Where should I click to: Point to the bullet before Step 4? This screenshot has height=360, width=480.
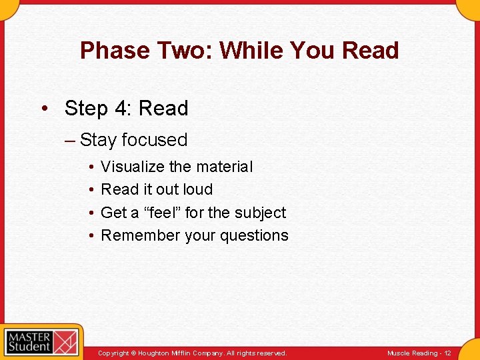coord(45,109)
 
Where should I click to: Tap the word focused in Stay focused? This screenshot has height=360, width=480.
coord(154,140)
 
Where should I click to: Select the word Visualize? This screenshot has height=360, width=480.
coord(133,167)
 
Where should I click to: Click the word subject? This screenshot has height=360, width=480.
coord(261,213)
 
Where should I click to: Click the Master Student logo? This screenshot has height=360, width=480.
coord(41,342)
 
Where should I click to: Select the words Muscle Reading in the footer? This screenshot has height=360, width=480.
coord(412,353)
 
